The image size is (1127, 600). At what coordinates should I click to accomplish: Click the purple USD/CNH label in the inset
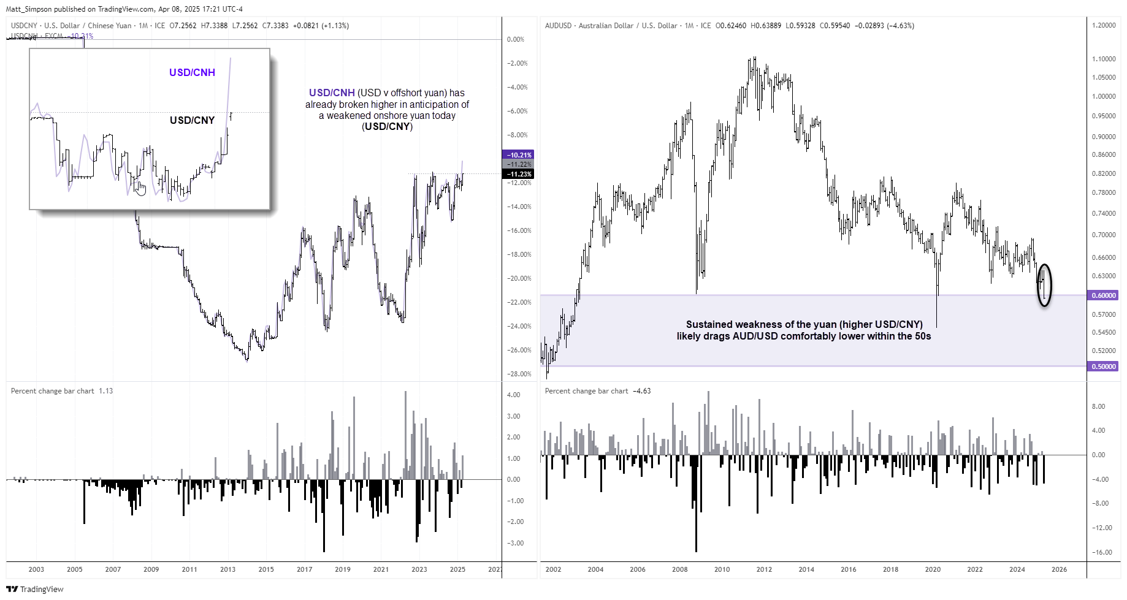[x=192, y=72]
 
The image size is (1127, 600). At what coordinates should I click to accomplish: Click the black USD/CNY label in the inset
[x=192, y=120]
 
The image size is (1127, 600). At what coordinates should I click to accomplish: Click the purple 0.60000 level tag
[x=1104, y=295]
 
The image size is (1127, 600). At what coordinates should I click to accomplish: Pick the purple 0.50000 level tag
[x=1104, y=366]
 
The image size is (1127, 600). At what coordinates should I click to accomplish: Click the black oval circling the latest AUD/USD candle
[x=1044, y=285]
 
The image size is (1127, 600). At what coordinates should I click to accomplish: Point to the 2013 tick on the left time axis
[x=227, y=569]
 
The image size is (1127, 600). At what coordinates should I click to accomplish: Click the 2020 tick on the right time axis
[x=933, y=569]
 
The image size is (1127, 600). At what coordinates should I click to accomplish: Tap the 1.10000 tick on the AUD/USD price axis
[x=1104, y=59]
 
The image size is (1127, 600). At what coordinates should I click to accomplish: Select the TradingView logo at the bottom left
[x=35, y=589]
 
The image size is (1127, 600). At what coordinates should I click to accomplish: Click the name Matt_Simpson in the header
[x=29, y=9]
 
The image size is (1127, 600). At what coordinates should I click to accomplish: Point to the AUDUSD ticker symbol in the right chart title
[x=558, y=26]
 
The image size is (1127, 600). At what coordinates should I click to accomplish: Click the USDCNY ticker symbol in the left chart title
[x=24, y=26]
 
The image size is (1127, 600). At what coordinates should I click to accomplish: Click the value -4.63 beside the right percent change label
[x=642, y=391]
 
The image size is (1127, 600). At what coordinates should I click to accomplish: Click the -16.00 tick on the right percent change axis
[x=1102, y=552]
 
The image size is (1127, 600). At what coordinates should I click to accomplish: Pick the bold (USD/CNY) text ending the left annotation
[x=387, y=127]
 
